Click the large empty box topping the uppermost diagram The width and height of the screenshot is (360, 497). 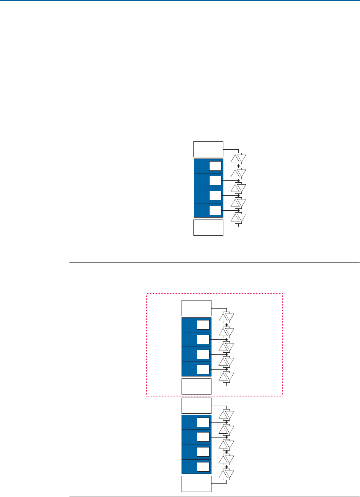tap(208, 149)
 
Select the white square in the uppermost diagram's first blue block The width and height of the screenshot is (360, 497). tap(216, 166)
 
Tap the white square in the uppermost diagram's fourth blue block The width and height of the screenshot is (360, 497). tap(216, 210)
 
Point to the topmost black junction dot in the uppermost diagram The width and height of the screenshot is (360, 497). tap(238, 165)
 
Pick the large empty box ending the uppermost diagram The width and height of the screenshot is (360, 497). tap(208, 227)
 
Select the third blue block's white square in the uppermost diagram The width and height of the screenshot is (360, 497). tap(216, 195)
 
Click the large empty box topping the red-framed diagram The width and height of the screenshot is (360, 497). tap(196, 308)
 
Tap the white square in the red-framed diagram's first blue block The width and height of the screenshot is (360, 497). tap(203, 325)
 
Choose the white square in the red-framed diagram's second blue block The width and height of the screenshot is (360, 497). tap(203, 339)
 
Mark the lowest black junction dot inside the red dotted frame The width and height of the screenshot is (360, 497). tap(226, 369)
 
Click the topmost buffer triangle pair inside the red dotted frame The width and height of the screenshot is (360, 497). tap(226, 317)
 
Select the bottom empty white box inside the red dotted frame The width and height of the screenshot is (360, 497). tap(196, 386)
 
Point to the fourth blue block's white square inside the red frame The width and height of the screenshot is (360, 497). tap(203, 369)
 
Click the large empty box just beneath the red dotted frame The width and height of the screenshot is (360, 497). tap(196, 406)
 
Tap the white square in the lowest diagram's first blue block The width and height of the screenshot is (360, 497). tap(203, 422)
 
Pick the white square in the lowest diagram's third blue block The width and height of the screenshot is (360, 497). tap(203, 452)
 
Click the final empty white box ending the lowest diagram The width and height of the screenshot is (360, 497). tap(196, 484)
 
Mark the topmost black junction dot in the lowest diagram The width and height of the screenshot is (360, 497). tap(226, 422)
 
